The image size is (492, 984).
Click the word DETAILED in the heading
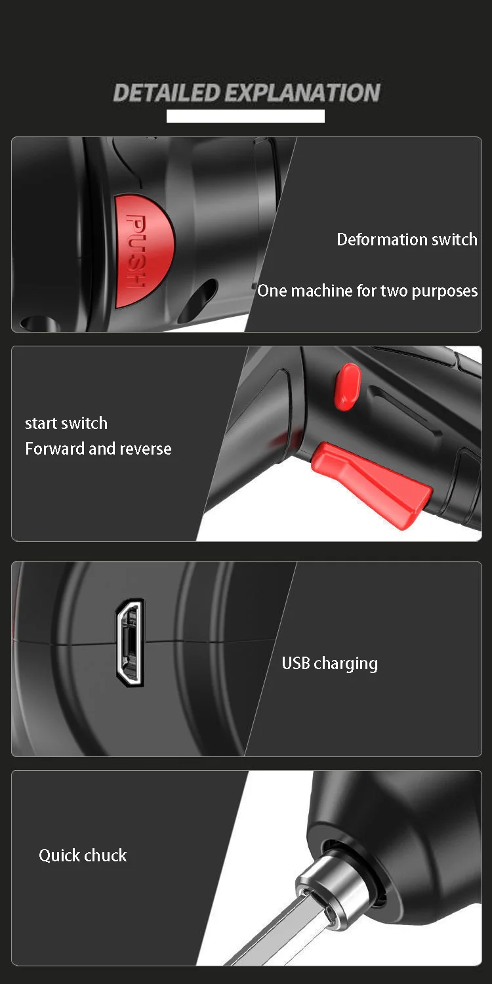point(167,92)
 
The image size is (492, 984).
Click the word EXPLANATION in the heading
point(302,92)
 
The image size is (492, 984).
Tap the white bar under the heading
point(245,116)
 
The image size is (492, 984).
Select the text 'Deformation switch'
point(407,239)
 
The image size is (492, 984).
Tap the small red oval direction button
point(348,386)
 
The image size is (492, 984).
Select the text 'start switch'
point(66,423)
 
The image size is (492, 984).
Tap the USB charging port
point(130,642)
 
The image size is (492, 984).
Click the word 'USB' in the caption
point(296,663)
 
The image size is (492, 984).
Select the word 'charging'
point(346,664)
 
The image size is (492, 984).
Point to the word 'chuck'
point(106,855)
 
